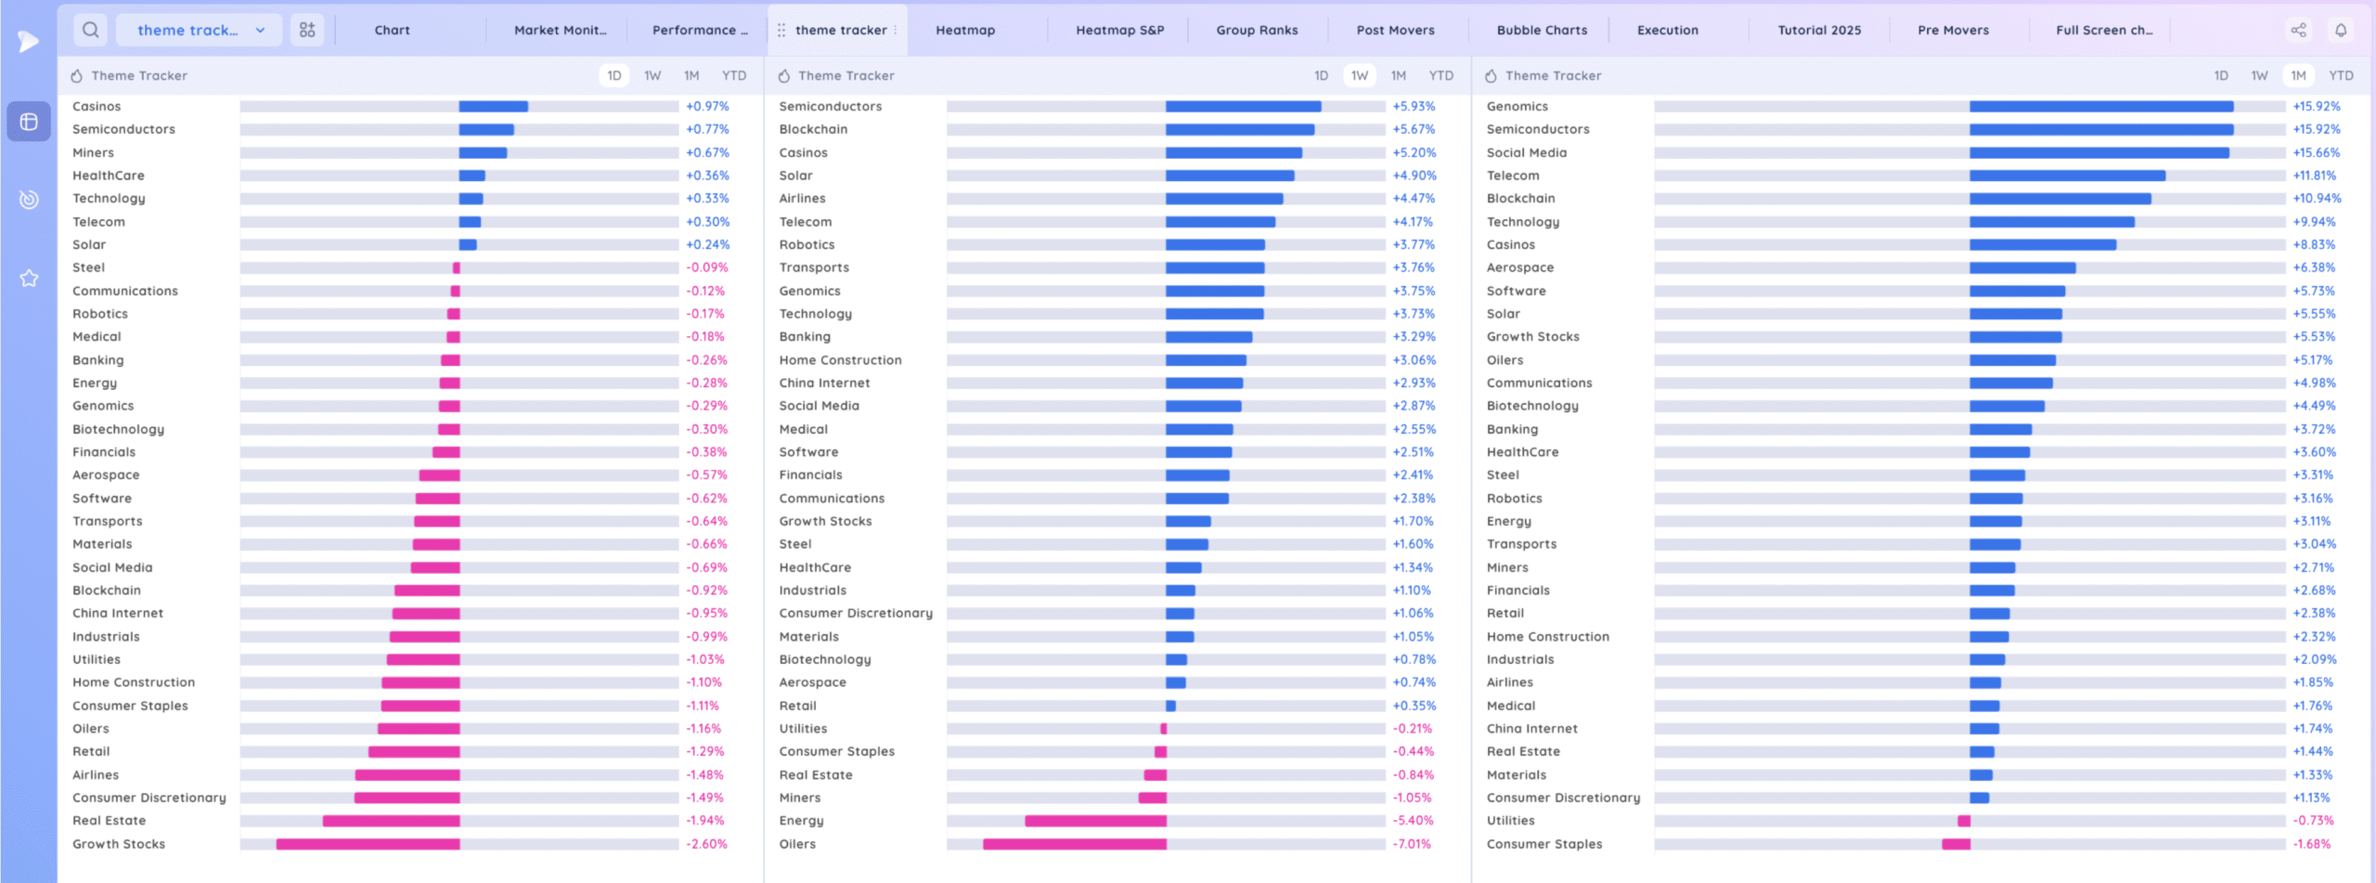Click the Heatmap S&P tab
pyautogui.click(x=1119, y=30)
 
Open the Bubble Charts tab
pyautogui.click(x=1542, y=30)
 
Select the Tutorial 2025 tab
pyautogui.click(x=1819, y=30)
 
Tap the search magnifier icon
pyautogui.click(x=90, y=30)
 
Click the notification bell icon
pyautogui.click(x=2341, y=30)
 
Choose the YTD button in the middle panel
pyautogui.click(x=1440, y=75)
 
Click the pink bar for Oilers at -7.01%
pyautogui.click(x=1075, y=844)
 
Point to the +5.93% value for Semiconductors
pyautogui.click(x=1414, y=107)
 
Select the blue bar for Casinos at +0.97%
pyautogui.click(x=493, y=107)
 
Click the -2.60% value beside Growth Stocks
pyautogui.click(x=706, y=844)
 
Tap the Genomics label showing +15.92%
pyautogui.click(x=1517, y=107)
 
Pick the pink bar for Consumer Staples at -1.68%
pyautogui.click(x=1956, y=844)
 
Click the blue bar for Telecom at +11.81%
pyautogui.click(x=2067, y=175)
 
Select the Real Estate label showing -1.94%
pyautogui.click(x=109, y=821)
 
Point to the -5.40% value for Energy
pyautogui.click(x=1413, y=821)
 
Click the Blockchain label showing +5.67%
pyautogui.click(x=813, y=129)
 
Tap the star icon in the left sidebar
pyautogui.click(x=29, y=278)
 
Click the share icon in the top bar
pyautogui.click(x=2298, y=30)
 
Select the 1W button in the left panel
pyautogui.click(x=652, y=75)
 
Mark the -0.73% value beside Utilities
pyautogui.click(x=2313, y=821)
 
